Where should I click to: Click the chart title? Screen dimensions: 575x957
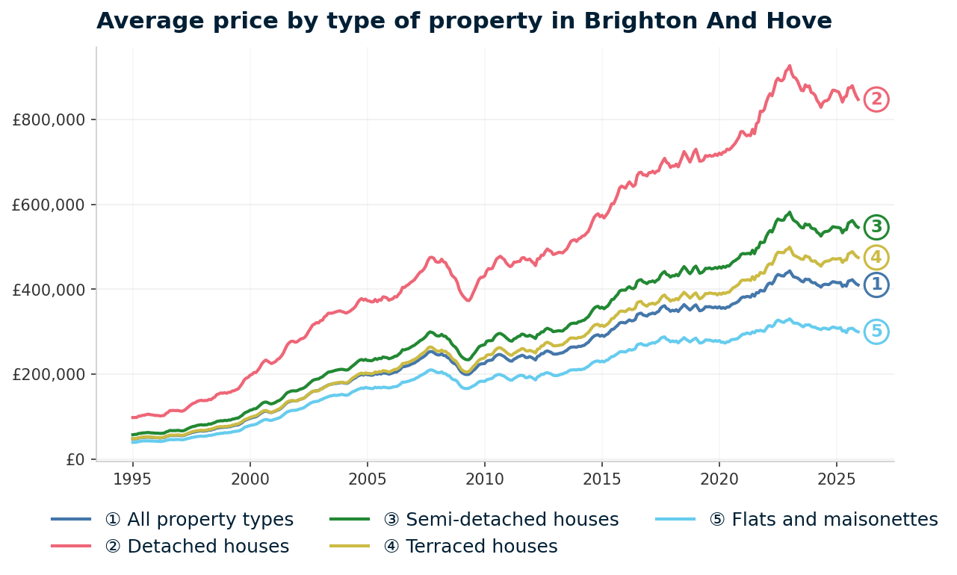(464, 21)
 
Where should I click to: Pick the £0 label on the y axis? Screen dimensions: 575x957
(75, 459)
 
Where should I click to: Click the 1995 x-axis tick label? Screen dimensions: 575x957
(133, 478)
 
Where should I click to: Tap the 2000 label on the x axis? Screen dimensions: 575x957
(250, 478)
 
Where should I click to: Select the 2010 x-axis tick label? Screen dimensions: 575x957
(485, 478)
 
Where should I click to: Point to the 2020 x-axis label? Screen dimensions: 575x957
(719, 478)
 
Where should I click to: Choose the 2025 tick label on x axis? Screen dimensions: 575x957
(836, 478)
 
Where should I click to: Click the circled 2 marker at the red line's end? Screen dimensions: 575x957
(876, 99)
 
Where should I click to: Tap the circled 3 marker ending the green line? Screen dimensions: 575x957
(876, 227)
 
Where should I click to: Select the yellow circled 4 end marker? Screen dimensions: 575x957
(876, 258)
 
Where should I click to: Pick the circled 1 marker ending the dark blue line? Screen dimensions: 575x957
(876, 285)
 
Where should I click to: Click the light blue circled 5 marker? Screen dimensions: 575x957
(876, 332)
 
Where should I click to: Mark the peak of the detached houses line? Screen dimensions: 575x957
(789, 66)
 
